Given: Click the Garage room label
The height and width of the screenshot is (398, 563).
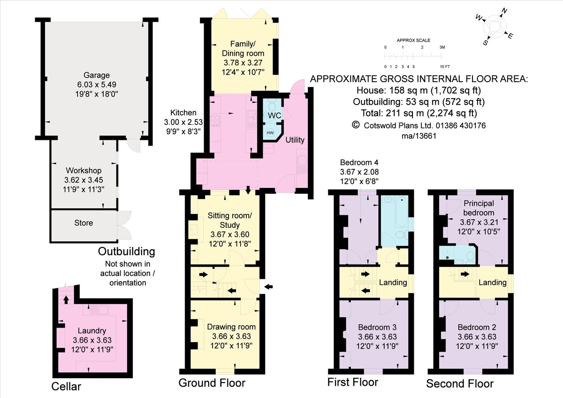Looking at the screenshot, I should pos(97,75).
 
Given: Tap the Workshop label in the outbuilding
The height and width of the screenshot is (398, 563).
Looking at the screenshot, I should pos(84,170).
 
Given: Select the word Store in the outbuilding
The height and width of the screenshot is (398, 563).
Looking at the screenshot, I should pos(84,223).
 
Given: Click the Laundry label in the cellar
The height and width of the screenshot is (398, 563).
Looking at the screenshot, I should pos(92,331).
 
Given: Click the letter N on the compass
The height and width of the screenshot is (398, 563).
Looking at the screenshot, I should pos(504,10).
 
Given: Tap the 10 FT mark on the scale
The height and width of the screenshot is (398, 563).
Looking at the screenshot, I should pos(444,66).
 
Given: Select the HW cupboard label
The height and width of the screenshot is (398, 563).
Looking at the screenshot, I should pos(270,133).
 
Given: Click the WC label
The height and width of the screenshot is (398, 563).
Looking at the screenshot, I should pos(275,115).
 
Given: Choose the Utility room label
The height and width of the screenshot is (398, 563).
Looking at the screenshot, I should pos(295,140).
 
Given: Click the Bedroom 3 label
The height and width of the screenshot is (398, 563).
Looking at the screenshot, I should pos(377,327).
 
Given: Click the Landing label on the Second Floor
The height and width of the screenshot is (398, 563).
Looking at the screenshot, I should pos(493,283).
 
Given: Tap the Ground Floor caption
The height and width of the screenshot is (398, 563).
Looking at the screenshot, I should pos(212,383).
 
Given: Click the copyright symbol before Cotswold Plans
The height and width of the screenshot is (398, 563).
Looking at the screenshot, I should pos(356,125).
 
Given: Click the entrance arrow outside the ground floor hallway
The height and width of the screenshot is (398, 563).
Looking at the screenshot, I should pos(269,286).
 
